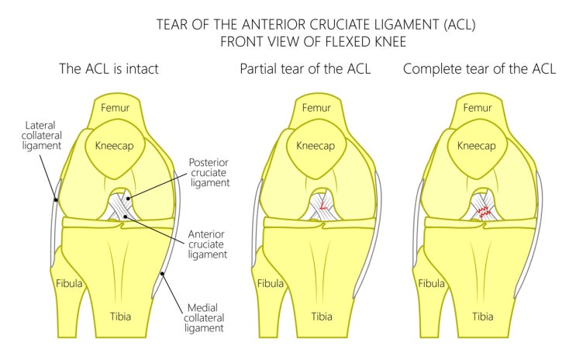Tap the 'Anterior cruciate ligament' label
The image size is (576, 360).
(x=207, y=244)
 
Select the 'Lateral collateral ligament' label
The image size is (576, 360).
(x=42, y=135)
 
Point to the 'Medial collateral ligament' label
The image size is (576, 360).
(x=204, y=317)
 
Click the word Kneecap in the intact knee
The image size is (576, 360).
(x=114, y=146)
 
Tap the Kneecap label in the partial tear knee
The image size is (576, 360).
(x=316, y=146)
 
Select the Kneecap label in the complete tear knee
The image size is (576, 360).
(x=477, y=146)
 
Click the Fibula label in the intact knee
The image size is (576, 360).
(x=69, y=283)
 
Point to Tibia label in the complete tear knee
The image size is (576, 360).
(x=483, y=317)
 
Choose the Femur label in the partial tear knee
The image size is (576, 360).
(x=316, y=108)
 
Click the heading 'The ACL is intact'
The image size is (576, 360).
(x=109, y=69)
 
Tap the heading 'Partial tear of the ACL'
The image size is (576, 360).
(x=305, y=69)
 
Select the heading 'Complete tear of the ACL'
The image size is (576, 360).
(x=479, y=69)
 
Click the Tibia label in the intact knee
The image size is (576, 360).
(x=120, y=317)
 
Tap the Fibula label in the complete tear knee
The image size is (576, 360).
(x=431, y=283)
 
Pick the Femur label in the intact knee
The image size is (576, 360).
(x=115, y=108)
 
